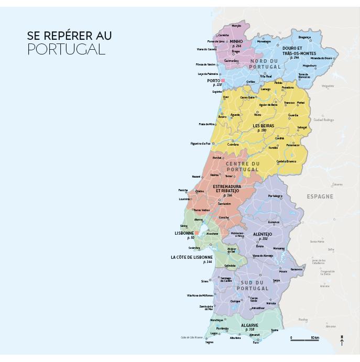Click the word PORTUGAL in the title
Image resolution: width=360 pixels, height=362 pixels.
(66, 50)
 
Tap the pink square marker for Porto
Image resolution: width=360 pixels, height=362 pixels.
(223, 81)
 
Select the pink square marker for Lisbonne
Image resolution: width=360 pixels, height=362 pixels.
(197, 233)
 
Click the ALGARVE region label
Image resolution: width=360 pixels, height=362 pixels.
(249, 325)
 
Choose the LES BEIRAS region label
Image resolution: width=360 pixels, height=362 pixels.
(263, 126)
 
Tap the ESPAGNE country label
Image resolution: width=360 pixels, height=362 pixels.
(320, 196)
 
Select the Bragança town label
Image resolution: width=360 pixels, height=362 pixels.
(304, 37)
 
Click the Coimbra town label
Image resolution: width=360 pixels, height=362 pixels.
(233, 145)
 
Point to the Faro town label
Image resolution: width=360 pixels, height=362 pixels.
(256, 342)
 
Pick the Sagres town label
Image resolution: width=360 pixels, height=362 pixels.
(210, 342)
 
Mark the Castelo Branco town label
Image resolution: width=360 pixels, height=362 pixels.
(286, 161)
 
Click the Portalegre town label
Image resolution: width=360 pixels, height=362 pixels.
(275, 195)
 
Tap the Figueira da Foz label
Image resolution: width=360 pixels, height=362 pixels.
(200, 143)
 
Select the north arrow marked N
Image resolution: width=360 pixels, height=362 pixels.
(342, 341)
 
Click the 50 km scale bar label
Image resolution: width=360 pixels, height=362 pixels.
(314, 338)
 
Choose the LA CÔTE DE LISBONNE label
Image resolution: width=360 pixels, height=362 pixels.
(192, 257)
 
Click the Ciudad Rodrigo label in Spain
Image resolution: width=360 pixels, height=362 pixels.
(323, 119)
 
